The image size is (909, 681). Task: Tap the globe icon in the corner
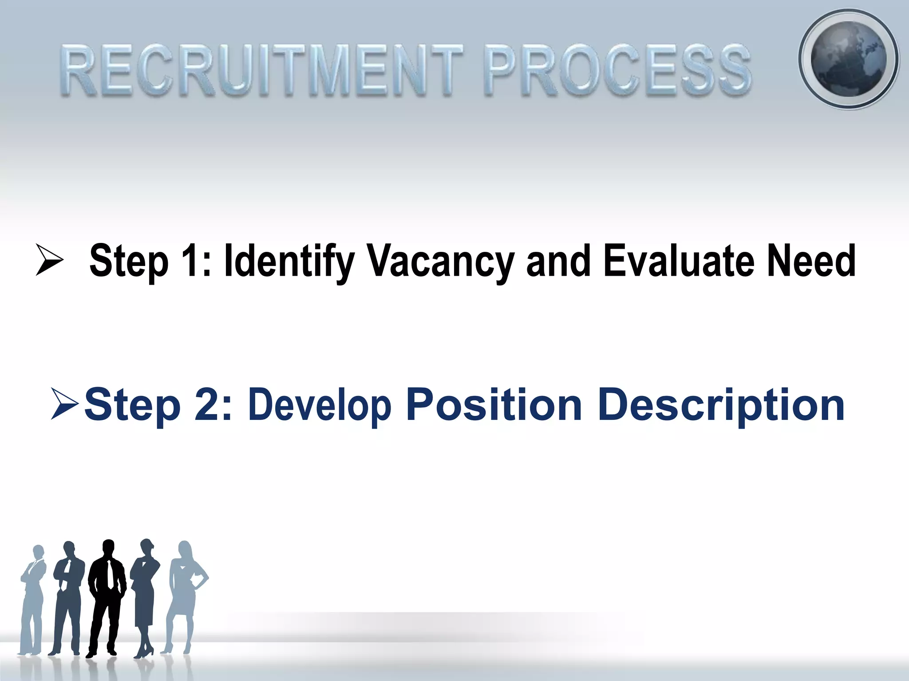tap(848, 59)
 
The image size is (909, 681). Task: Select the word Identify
tap(289, 261)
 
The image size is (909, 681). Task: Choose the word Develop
tap(320, 404)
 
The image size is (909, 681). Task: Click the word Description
tap(721, 404)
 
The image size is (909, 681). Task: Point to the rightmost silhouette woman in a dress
tap(184, 594)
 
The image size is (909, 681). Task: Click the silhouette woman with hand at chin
tap(145, 594)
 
